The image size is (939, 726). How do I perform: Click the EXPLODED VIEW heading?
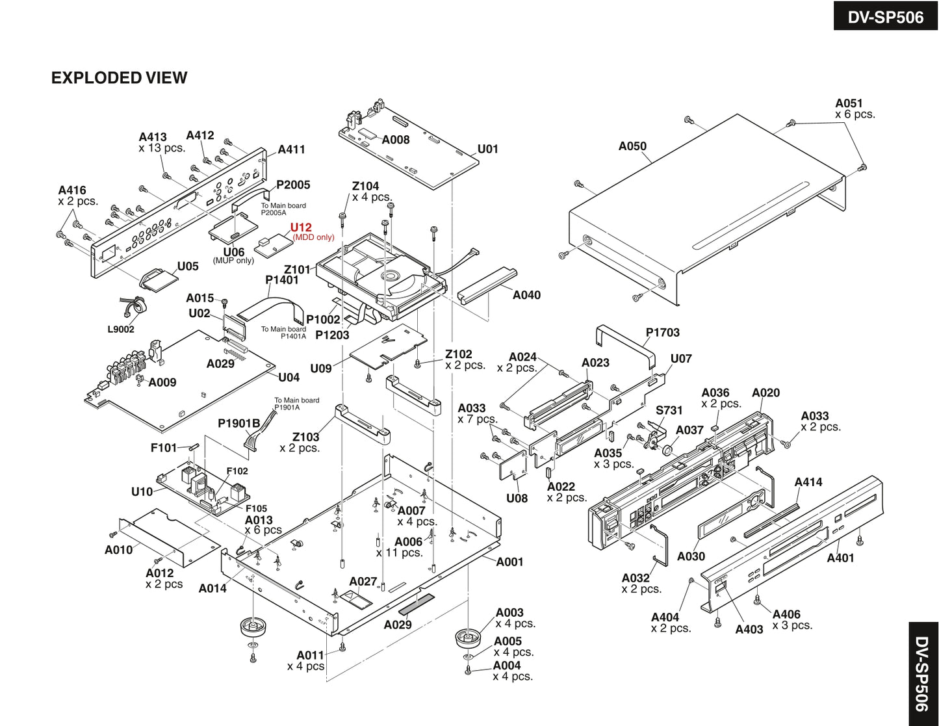pos(119,78)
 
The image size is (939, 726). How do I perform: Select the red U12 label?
pos(301,227)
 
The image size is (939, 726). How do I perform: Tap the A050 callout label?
pos(632,146)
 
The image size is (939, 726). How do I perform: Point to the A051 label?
pos(849,103)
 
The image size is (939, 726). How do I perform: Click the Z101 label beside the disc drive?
pos(297,270)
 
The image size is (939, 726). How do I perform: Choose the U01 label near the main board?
pos(487,149)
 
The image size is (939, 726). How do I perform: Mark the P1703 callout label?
pos(662,332)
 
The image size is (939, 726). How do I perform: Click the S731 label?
pos(669,410)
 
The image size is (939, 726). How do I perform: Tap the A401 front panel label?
pos(840,558)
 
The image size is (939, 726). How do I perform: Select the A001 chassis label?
pos(509,562)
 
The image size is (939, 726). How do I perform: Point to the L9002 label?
pos(121,330)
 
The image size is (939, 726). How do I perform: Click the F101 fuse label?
pos(163,448)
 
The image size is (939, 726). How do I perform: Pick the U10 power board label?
pos(142,491)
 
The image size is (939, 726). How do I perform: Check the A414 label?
pos(808,482)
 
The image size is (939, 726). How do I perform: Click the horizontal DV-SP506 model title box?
pos(885,16)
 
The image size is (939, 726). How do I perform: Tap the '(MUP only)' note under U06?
pos(233,261)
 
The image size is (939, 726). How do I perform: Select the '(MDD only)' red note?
pos(313,237)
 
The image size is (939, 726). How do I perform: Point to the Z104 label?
pos(365,186)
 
